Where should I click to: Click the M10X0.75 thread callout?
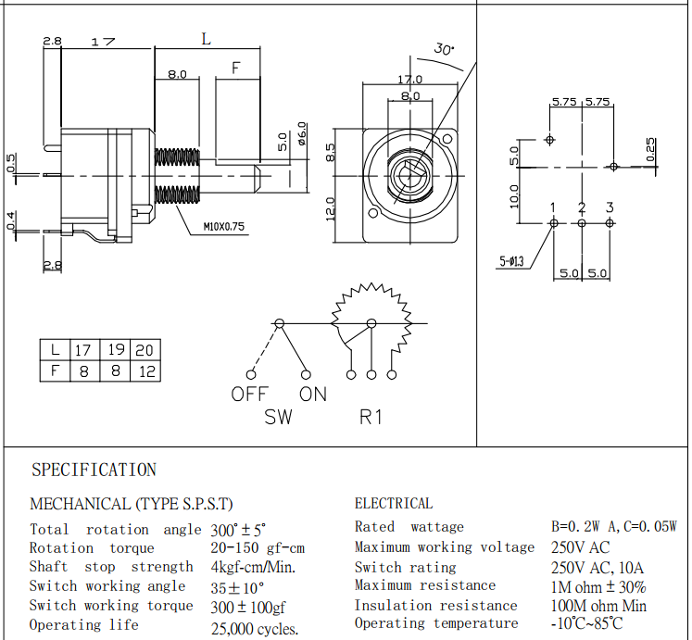[226, 226]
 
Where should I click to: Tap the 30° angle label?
[444, 49]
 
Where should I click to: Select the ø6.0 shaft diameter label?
[302, 136]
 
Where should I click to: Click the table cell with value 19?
[115, 350]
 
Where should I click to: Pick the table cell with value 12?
[145, 371]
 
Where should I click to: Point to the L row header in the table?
[56, 350]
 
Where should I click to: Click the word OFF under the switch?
[249, 395]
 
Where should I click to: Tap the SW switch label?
[278, 418]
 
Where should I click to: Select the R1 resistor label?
[371, 418]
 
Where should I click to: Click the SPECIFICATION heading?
[94, 471]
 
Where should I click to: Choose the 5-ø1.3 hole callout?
[511, 261]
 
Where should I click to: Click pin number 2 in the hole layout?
[582, 207]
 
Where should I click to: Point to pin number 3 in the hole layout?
[610, 207]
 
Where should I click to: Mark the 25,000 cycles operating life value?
[255, 629]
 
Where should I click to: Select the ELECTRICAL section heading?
[393, 504]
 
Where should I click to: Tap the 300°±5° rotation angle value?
[238, 530]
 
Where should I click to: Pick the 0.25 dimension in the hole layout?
[650, 149]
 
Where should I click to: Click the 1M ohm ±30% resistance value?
[598, 586]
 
